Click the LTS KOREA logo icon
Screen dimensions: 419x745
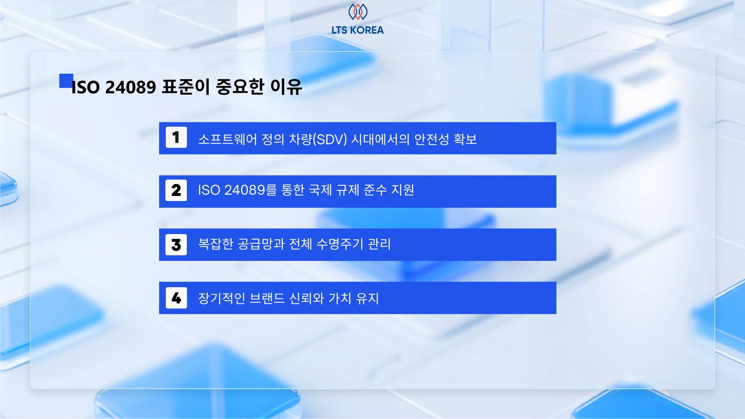[358, 12]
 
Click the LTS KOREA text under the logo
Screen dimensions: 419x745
[358, 30]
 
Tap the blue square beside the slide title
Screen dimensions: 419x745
[66, 81]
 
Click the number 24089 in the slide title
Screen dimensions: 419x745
[130, 87]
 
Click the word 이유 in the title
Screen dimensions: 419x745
[286, 87]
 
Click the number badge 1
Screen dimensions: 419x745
[176, 138]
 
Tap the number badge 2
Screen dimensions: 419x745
[176, 191]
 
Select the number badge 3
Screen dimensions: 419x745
[176, 244]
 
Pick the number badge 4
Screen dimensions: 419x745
[176, 298]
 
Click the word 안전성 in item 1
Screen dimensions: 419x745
[431, 139]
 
